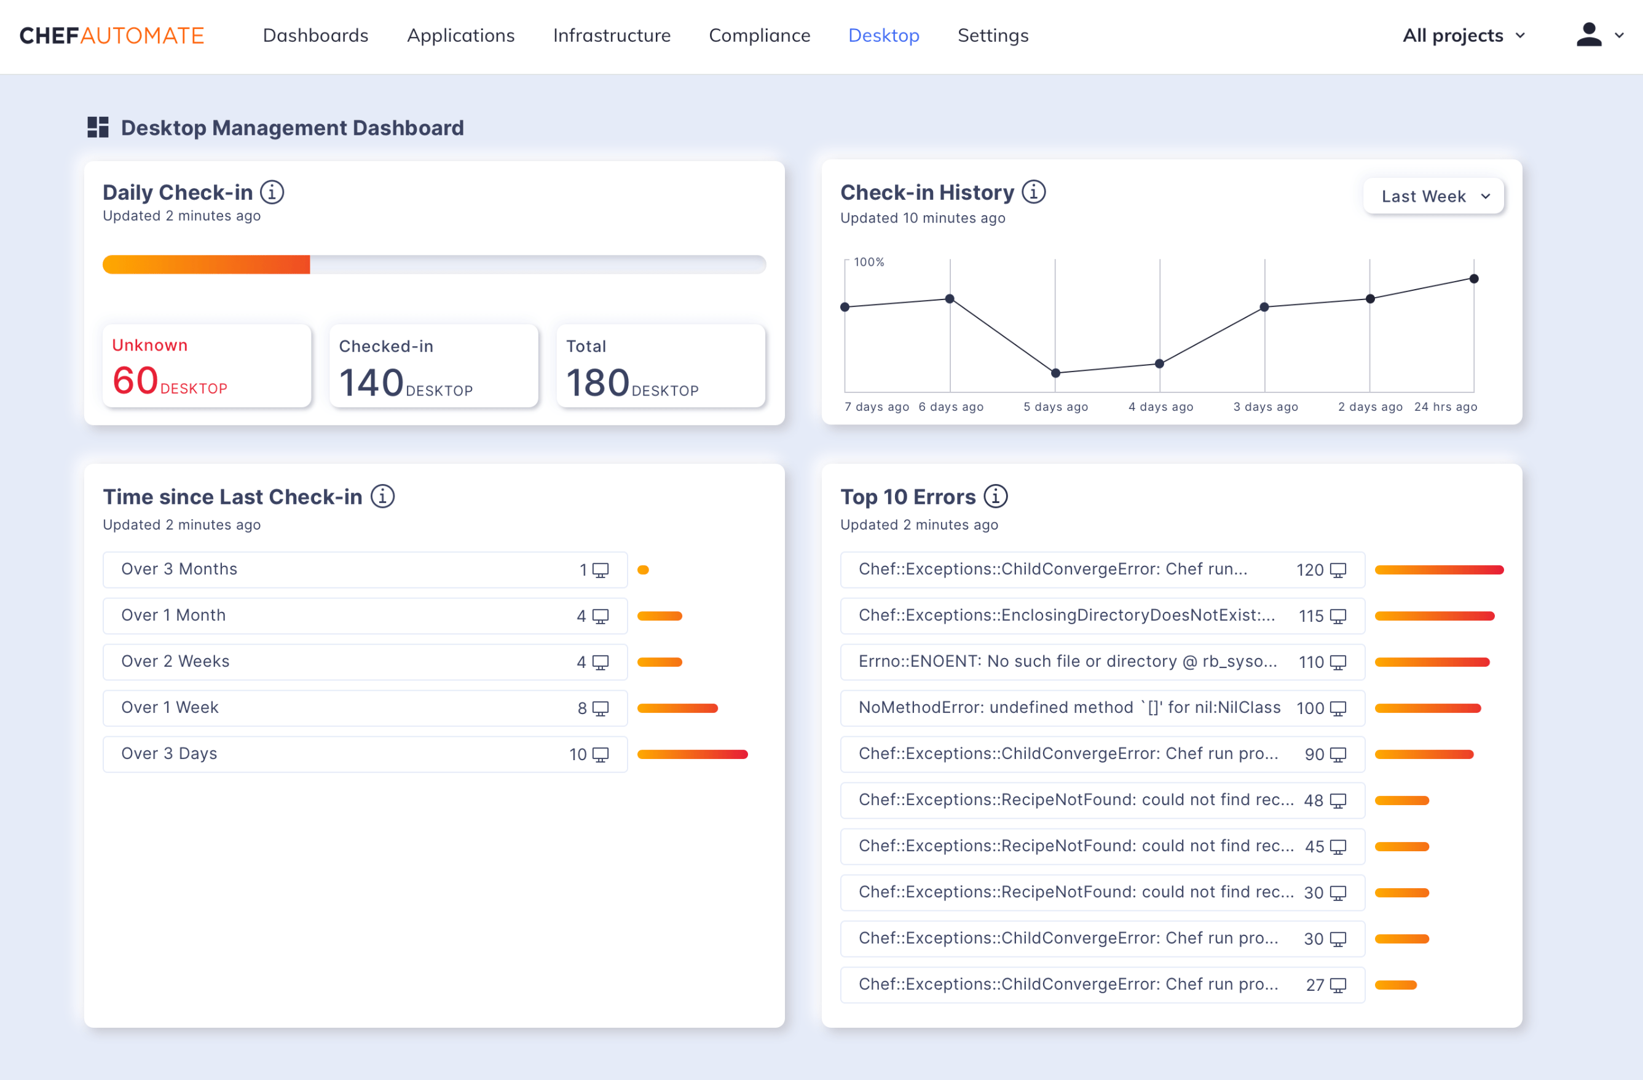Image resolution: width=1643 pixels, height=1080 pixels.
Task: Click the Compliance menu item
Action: [x=759, y=35]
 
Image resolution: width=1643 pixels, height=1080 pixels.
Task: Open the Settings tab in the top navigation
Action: [x=993, y=35]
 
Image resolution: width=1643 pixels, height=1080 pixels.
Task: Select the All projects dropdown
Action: [x=1463, y=35]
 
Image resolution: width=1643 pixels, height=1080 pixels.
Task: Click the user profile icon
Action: [x=1588, y=34]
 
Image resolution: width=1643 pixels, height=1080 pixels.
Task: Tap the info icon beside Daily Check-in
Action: [x=272, y=192]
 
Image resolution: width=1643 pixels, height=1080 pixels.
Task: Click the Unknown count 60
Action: [x=135, y=381]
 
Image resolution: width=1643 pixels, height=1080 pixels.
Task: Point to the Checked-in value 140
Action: [x=371, y=383]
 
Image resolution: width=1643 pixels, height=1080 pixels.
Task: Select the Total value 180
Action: [x=598, y=383]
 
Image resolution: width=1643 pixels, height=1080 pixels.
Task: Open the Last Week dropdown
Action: [x=1434, y=196]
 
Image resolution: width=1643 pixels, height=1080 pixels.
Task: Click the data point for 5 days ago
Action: [x=1055, y=373]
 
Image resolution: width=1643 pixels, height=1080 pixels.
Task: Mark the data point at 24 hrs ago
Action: [x=1474, y=279]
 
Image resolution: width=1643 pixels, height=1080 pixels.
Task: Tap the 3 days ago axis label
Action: [x=1266, y=407]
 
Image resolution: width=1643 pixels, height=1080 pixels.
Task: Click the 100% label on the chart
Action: [x=869, y=263]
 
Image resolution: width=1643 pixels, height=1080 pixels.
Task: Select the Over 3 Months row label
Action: [x=179, y=569]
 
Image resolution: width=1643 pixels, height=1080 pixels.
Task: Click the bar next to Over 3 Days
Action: [x=692, y=754]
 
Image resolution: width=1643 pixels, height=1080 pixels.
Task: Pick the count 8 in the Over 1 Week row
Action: [x=582, y=709]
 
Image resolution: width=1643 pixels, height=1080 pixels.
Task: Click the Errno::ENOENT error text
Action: [x=1067, y=662]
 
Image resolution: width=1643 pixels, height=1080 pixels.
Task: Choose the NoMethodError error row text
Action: [x=1070, y=708]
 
